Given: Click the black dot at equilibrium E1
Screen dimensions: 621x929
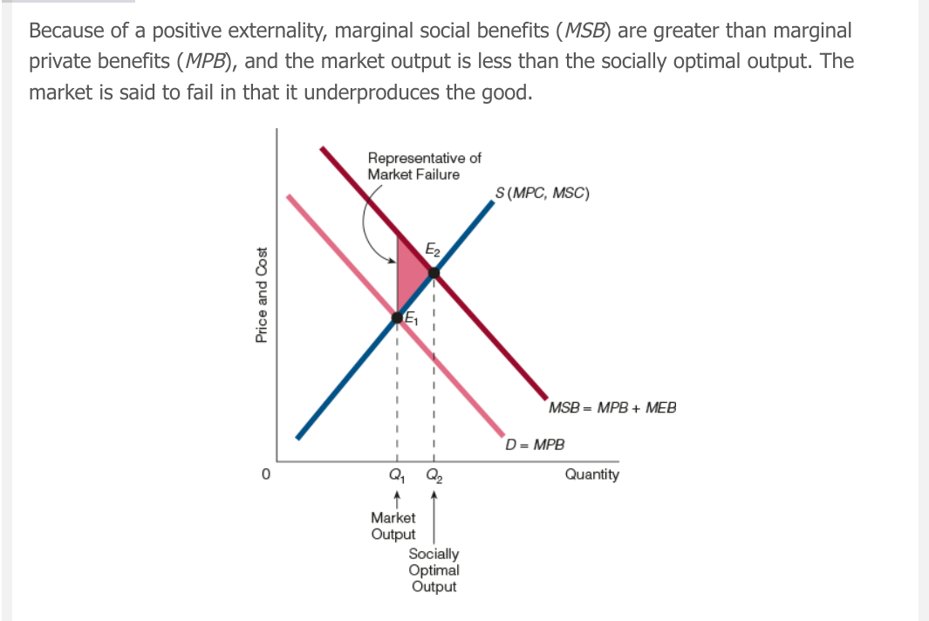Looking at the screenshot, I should (398, 317).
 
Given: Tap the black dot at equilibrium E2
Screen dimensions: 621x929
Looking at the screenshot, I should (434, 273).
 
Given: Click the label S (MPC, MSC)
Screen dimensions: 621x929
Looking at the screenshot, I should (542, 194).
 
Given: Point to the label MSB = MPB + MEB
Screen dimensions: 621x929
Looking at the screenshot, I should (612, 407).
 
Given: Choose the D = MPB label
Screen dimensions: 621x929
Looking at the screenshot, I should (536, 444).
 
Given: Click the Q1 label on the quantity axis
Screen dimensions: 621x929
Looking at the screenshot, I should (397, 476).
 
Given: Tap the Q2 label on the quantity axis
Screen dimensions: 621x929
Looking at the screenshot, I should (434, 476).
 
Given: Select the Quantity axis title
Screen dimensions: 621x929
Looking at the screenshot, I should (592, 474).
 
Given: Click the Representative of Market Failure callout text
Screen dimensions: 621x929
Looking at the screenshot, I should (424, 166).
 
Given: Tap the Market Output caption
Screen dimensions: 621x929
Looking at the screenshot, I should (393, 526).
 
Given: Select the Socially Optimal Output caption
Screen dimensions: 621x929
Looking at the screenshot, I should (434, 570).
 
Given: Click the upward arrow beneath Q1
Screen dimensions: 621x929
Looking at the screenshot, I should (397, 500).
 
